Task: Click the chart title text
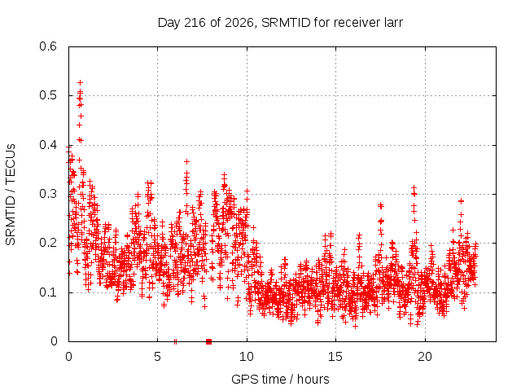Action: (x=280, y=23)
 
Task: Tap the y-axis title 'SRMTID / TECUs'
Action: (x=11, y=195)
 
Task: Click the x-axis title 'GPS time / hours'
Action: (x=280, y=379)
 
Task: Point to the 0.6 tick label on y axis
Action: (x=48, y=46)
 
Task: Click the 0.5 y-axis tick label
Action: (x=48, y=95)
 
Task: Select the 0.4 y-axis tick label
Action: (x=48, y=145)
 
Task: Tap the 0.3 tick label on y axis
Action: (x=48, y=194)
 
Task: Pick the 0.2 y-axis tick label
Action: (x=48, y=243)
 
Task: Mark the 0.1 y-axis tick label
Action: (x=48, y=292)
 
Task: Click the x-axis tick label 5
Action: (x=157, y=357)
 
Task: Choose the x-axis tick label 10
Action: (x=247, y=357)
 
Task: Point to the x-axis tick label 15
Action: (x=335, y=357)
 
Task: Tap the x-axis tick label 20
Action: (x=425, y=357)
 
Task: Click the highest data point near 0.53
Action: (x=80, y=82)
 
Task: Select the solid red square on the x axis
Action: (x=208, y=341)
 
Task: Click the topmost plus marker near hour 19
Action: (x=414, y=188)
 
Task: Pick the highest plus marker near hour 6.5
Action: (x=186, y=161)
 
